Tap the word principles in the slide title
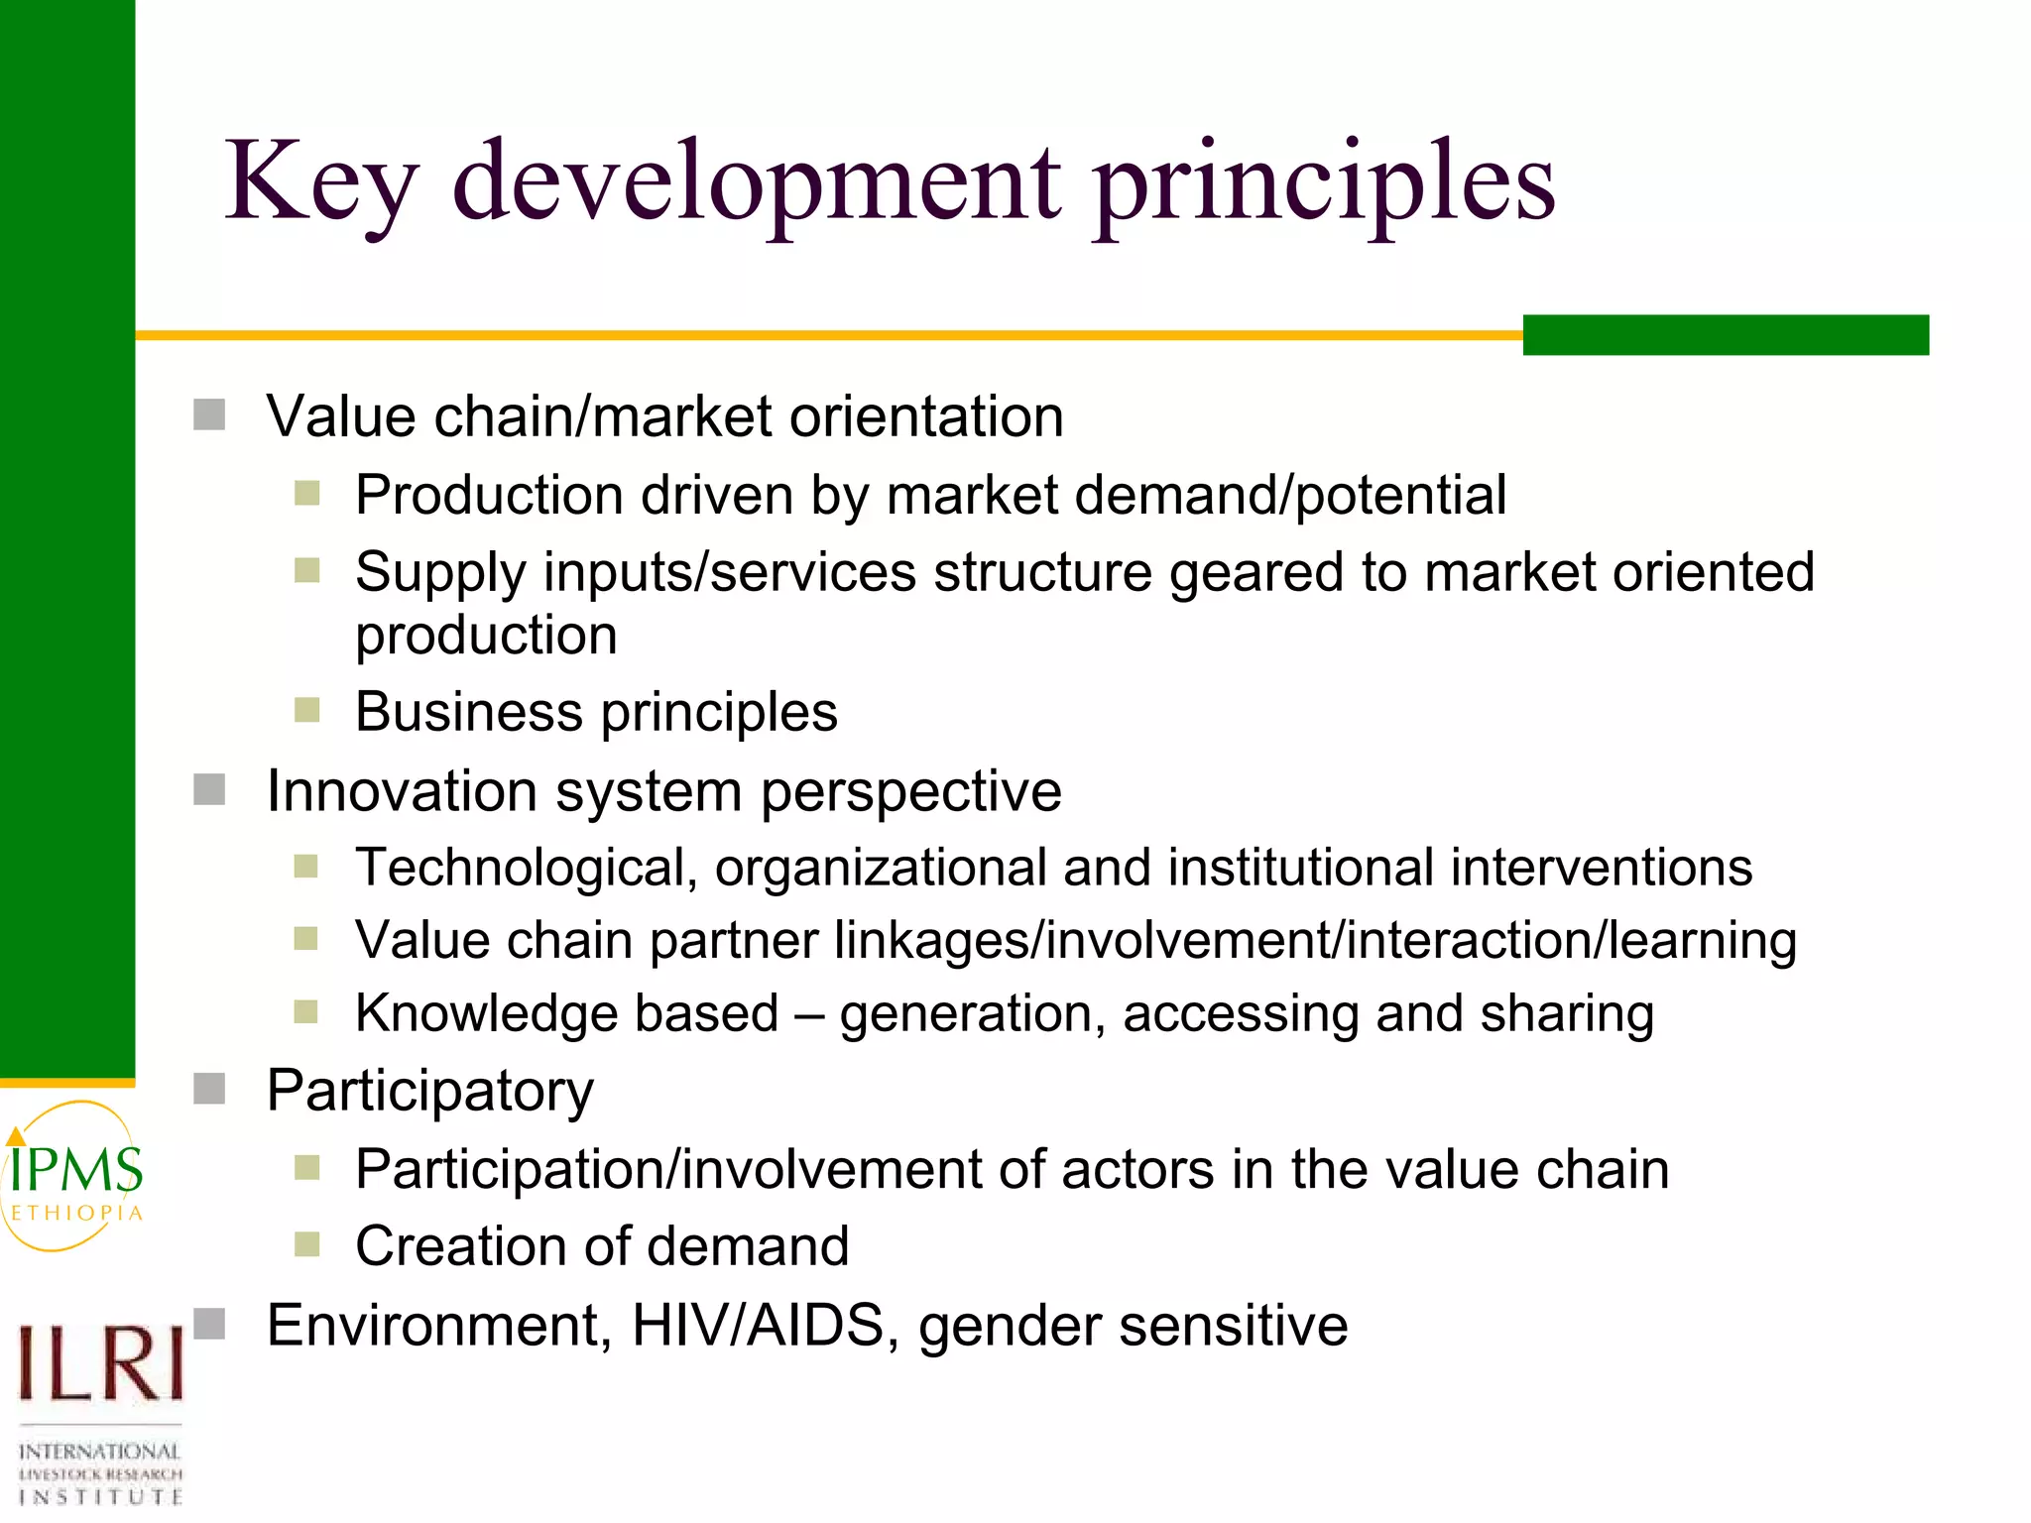coord(1324,183)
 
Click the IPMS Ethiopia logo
coord(75,1177)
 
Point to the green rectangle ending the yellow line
coord(1725,335)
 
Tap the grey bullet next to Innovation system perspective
coord(209,790)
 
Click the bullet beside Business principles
coord(307,711)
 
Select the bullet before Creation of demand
coord(307,1244)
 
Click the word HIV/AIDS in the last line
coord(758,1326)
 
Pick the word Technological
coord(521,869)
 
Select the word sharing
coord(1566,1014)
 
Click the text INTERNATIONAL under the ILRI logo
coord(99,1452)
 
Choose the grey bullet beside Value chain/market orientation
coord(209,414)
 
